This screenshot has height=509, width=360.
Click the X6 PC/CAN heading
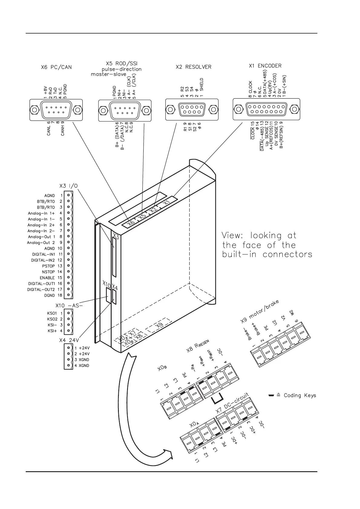[x=56, y=67]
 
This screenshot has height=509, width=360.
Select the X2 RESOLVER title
[x=193, y=67]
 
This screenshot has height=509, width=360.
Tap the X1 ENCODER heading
[x=265, y=66]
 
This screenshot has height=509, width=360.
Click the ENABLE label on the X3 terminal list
[x=47, y=278]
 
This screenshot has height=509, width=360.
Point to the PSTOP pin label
[x=48, y=266]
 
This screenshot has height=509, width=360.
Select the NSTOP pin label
[x=48, y=272]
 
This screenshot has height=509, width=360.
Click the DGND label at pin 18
[x=49, y=295]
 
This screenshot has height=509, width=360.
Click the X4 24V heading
[x=69, y=340]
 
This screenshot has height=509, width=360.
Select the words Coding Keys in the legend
[x=299, y=395]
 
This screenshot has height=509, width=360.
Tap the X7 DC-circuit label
[x=232, y=404]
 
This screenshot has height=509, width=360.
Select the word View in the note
[x=231, y=235]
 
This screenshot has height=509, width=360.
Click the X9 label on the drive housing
[x=159, y=326]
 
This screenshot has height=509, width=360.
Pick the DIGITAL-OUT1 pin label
[x=41, y=284]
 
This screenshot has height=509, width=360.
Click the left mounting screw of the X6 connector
[x=35, y=110]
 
